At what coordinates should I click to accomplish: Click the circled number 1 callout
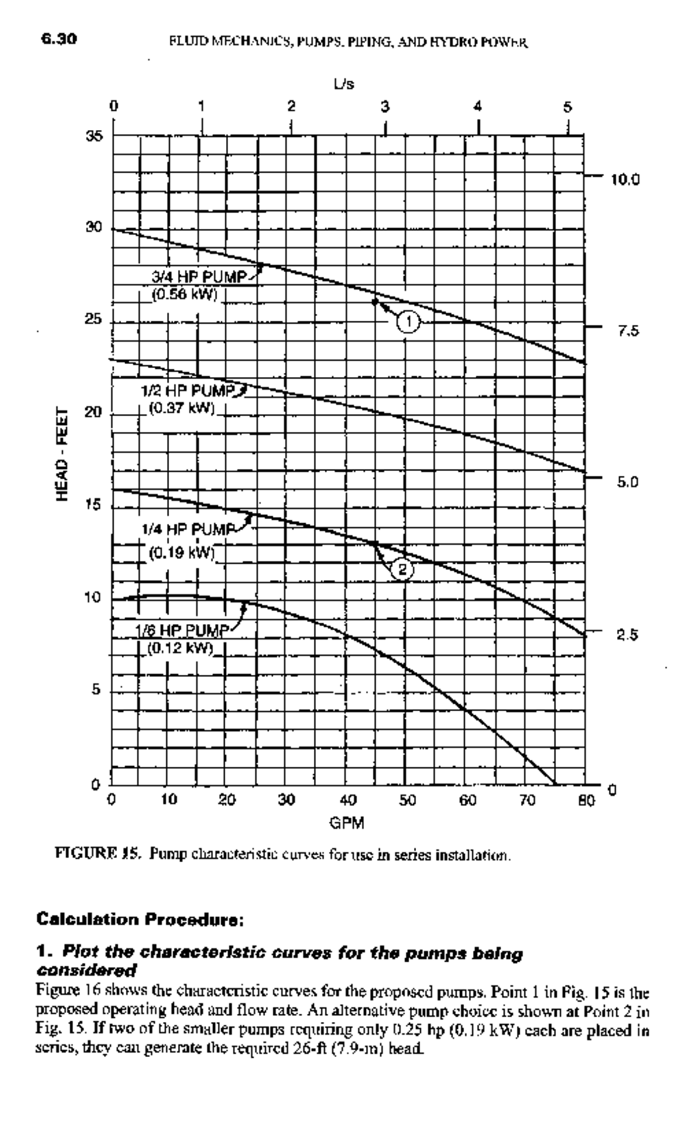pos(409,322)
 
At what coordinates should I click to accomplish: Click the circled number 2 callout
pos(403,569)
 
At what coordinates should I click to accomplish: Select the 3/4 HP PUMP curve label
pos(198,277)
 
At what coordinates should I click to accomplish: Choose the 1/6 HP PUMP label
pos(182,631)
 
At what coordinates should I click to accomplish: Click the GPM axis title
pos(346,823)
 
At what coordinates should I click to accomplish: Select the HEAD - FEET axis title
pos(63,454)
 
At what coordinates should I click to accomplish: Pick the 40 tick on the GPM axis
pos(348,800)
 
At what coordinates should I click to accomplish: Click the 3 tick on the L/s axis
pos(385,106)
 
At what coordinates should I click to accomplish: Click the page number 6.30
pos(59,39)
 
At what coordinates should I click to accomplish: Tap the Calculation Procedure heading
pos(141,920)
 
